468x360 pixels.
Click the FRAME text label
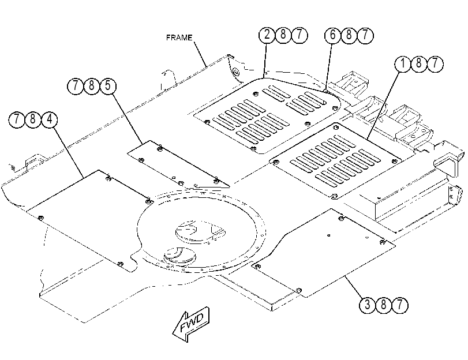pos(179,37)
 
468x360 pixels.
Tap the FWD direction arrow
pos(192,324)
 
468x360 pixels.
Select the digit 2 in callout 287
pos(267,35)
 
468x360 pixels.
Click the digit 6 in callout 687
pos(333,35)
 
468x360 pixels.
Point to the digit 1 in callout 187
pos(403,63)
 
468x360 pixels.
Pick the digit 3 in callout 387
pos(367,305)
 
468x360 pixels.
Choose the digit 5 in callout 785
pos(108,85)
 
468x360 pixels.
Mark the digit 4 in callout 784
pos(49,119)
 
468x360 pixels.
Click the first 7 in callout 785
pos(76,86)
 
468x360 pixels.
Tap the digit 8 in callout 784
pos(33,119)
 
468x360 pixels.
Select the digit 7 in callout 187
pos(435,63)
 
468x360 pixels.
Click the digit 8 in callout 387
pos(384,305)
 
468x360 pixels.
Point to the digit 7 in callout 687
pos(365,35)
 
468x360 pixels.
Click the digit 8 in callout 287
pos(283,35)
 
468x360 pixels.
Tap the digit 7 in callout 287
pos(299,35)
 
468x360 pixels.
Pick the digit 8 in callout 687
pos(349,35)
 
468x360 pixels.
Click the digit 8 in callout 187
pos(419,63)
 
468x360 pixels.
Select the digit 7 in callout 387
pos(400,305)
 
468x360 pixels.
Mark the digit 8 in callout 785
pos(92,86)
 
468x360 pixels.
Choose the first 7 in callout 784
pos(17,119)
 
